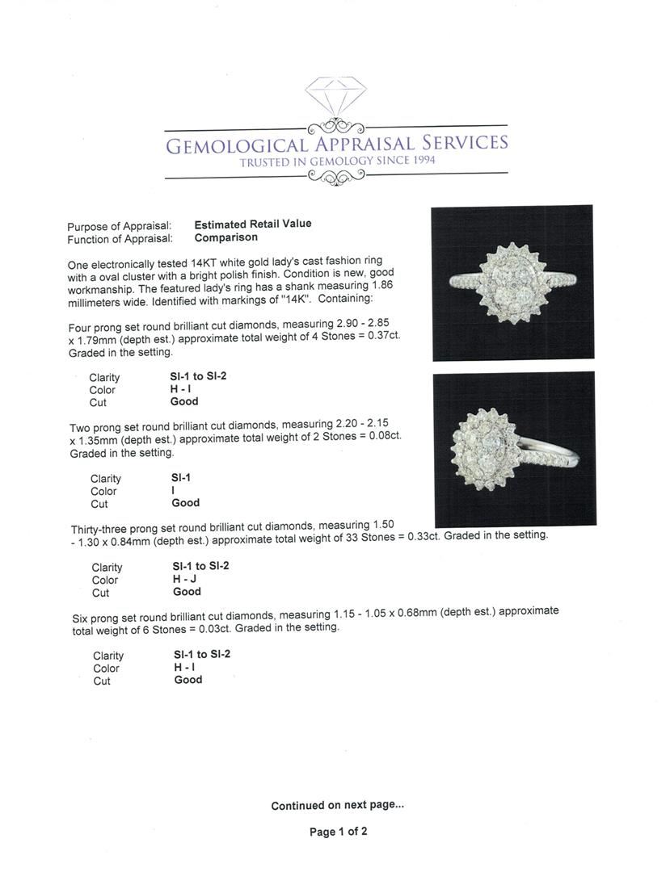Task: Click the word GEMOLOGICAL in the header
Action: [236, 145]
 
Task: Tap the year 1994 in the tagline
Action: [419, 161]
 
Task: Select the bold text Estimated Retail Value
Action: [252, 224]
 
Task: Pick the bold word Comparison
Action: [225, 237]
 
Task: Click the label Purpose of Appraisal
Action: [120, 226]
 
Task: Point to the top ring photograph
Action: [512, 282]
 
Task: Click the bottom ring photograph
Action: [514, 448]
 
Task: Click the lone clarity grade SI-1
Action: [181, 477]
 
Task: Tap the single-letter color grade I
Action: [173, 490]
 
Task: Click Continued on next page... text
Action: [337, 805]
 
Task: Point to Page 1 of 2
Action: [339, 832]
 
